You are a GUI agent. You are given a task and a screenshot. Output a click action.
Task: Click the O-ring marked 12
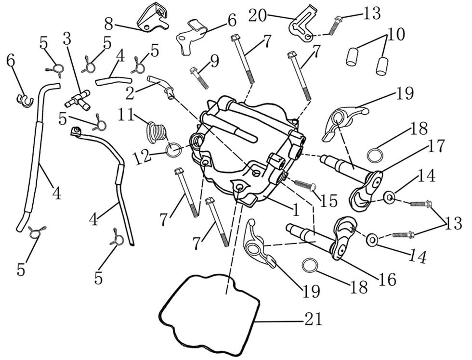(x=174, y=150)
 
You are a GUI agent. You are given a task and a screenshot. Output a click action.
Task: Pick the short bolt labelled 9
(x=199, y=78)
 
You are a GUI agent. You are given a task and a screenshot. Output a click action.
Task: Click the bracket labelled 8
(x=153, y=18)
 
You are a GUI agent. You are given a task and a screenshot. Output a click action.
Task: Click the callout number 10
(x=394, y=35)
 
